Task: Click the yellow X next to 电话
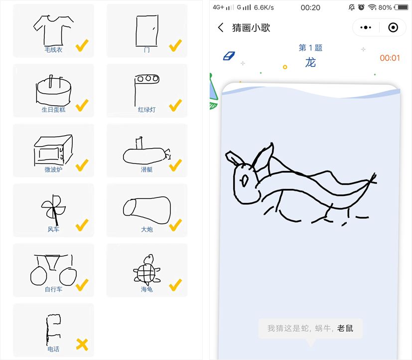[82, 345]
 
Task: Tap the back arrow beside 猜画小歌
[221, 27]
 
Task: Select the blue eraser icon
[229, 56]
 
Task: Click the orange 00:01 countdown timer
[390, 58]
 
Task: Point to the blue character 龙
[310, 63]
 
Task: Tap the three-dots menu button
[366, 27]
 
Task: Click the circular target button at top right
[393, 27]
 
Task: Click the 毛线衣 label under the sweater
[53, 49]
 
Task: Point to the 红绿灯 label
[146, 109]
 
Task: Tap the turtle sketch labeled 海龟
[146, 270]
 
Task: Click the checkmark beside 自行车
[82, 285]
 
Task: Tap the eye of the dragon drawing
[245, 180]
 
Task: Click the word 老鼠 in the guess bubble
[345, 328]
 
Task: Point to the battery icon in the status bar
[401, 7]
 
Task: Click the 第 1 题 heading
[310, 47]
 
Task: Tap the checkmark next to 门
[175, 45]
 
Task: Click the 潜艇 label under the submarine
[146, 170]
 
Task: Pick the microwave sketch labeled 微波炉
[53, 150]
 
